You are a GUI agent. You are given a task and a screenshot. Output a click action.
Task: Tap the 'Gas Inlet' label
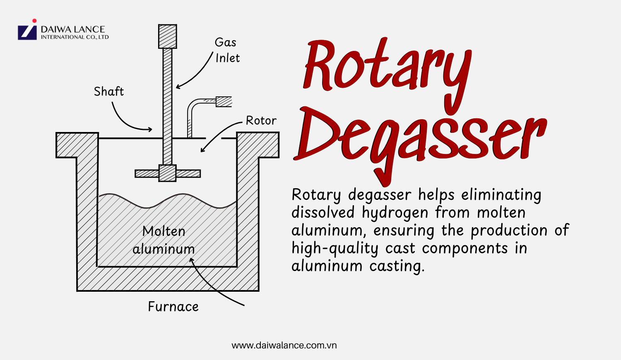(226, 50)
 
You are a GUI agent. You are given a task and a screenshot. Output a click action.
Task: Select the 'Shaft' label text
(108, 91)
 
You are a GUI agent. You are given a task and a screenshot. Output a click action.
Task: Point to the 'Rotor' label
(261, 120)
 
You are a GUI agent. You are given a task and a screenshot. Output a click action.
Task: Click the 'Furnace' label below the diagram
(173, 307)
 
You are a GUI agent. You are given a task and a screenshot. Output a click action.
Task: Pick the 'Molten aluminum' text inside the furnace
(164, 240)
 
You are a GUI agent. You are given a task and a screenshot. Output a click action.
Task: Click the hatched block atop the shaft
(167, 36)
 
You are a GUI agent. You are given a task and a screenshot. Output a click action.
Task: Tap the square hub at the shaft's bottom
(167, 173)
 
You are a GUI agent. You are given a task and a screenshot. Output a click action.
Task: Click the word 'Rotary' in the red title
(387, 66)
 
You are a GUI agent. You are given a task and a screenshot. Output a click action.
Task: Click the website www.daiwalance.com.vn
(284, 345)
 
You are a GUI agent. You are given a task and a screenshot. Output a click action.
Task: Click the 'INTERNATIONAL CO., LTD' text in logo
(75, 37)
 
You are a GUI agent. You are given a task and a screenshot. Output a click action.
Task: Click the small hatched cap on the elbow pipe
(224, 101)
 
